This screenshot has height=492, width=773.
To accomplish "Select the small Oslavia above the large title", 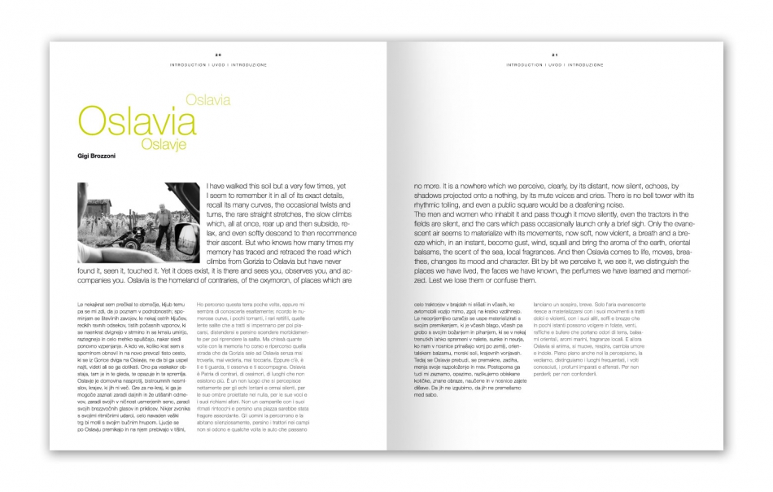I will coord(207,100).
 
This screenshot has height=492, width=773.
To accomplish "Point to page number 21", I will coord(554,55).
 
